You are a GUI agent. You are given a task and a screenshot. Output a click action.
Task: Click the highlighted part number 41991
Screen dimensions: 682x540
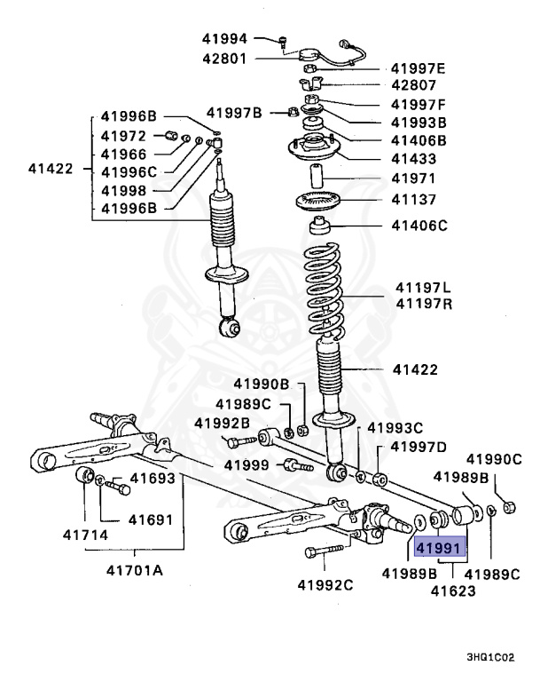[441, 548]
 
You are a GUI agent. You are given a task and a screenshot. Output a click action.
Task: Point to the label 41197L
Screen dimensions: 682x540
[423, 289]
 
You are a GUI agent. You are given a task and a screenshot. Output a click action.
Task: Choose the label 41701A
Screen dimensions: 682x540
[129, 569]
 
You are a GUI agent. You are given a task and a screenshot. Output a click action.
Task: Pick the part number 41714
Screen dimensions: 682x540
[86, 535]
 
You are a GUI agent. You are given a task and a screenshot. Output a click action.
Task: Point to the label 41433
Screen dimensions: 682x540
[413, 159]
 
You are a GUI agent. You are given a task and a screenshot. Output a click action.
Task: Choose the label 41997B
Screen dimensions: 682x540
[234, 112]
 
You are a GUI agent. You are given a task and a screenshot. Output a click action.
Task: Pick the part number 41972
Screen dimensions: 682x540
[122, 136]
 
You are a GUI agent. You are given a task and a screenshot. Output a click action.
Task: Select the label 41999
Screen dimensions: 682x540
[246, 464]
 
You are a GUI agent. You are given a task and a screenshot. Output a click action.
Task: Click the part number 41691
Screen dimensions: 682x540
[151, 519]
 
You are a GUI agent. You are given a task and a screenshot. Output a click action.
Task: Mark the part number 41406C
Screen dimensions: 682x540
[419, 226]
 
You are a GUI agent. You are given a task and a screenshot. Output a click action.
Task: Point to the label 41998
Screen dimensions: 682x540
[122, 190]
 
